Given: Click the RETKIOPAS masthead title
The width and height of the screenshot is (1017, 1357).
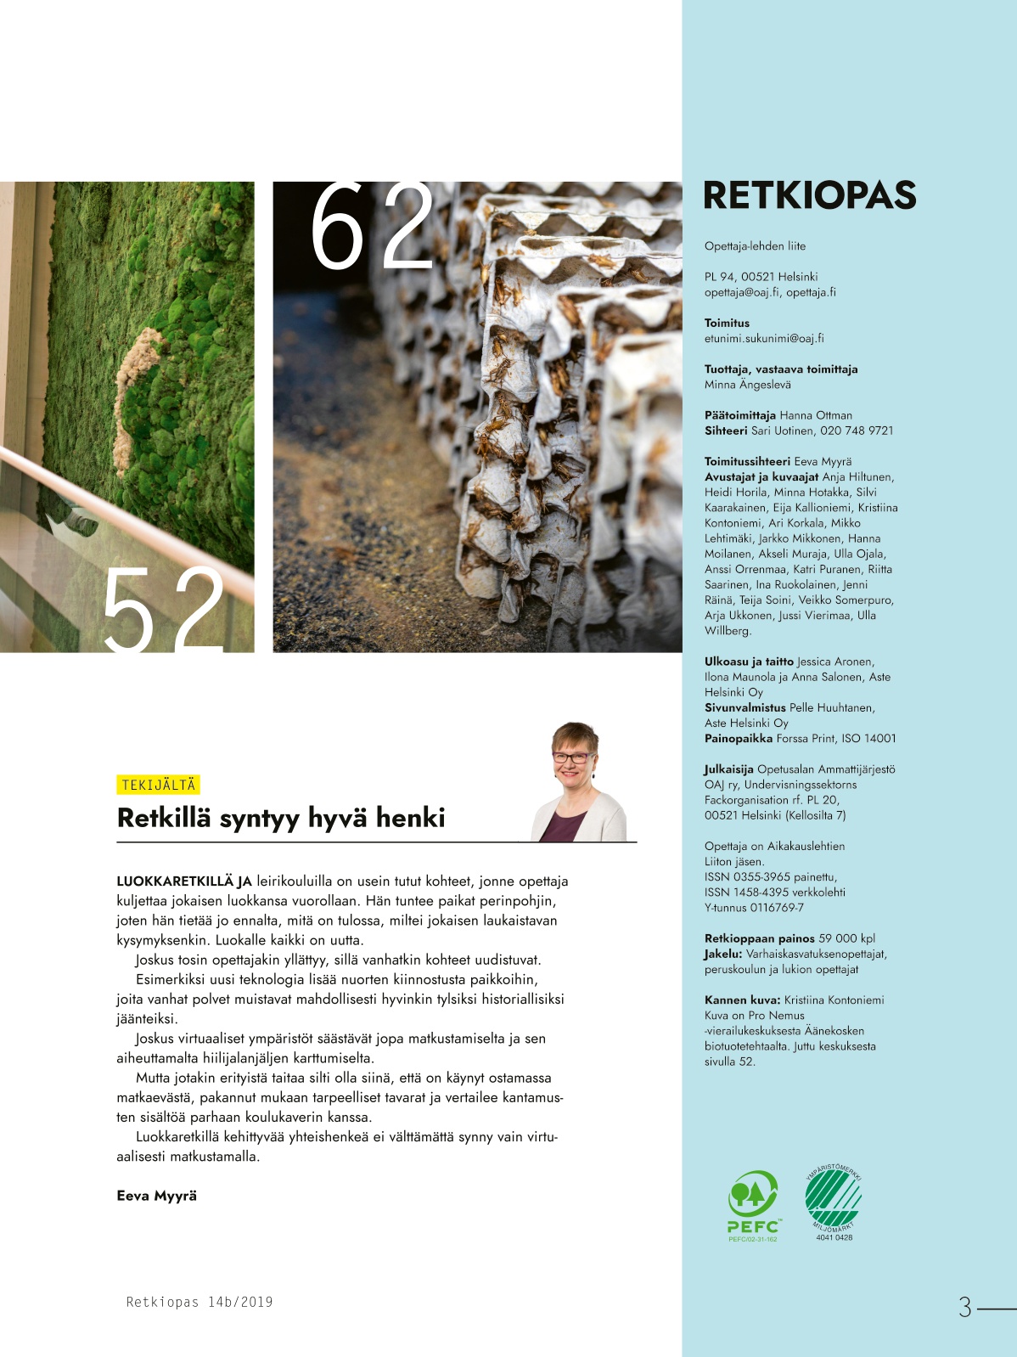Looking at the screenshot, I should [809, 195].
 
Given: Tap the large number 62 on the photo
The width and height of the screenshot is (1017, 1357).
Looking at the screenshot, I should [371, 227].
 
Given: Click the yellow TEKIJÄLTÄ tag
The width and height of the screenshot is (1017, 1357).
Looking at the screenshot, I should [159, 785].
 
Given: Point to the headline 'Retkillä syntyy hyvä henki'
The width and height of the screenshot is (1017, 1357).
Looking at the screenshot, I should [281, 818].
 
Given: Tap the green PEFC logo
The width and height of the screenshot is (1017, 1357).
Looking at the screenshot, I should [753, 1204].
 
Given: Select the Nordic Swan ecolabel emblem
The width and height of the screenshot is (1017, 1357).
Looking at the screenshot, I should [834, 1199].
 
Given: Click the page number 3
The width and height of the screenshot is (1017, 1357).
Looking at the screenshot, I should [964, 1307].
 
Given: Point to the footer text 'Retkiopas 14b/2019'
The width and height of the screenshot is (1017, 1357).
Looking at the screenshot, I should [199, 1302].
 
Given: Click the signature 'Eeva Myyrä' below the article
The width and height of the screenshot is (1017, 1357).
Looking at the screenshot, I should [157, 1196].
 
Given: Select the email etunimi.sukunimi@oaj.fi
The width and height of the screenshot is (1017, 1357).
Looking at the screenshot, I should [764, 338].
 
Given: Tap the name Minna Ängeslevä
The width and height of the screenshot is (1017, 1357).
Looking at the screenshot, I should [747, 385].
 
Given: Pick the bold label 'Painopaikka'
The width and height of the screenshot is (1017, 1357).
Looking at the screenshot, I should [739, 739].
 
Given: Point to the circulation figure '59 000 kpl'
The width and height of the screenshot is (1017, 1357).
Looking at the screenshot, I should [846, 938].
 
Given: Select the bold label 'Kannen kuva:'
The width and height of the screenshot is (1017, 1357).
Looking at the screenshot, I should [742, 1000].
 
